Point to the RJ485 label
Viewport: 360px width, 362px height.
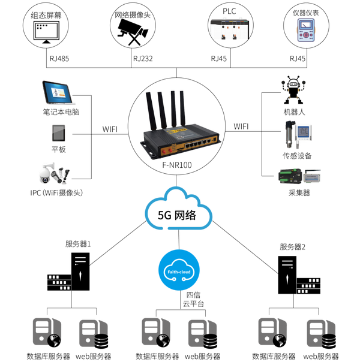coord(58,59)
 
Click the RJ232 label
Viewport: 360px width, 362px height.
coord(142,59)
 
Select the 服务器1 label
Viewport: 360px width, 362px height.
coord(79,244)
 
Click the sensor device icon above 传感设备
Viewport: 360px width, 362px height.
coord(298,134)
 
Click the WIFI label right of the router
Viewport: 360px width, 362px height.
coord(241,126)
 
